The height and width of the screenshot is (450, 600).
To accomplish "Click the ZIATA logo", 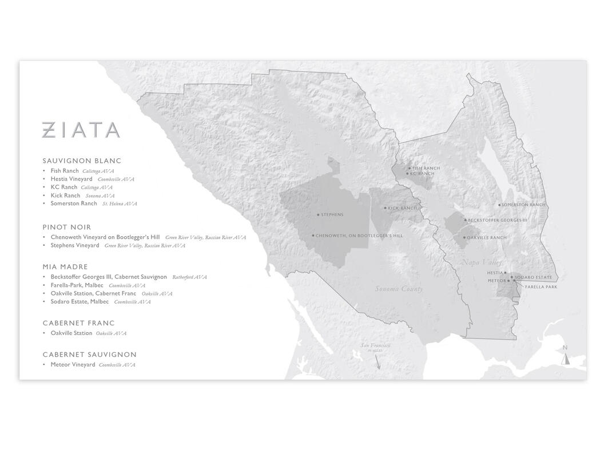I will (81, 130).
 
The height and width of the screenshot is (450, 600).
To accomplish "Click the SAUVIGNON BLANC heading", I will (82, 161).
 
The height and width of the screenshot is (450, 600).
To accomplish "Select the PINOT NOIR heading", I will (67, 227).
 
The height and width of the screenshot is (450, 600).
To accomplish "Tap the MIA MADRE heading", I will (65, 266).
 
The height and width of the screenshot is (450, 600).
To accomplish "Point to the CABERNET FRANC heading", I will (78, 323).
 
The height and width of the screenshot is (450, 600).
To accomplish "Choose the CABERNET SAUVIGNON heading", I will (89, 355).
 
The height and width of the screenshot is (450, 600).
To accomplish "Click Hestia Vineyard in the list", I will (71, 179).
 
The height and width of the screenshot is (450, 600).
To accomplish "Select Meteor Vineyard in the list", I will (73, 365).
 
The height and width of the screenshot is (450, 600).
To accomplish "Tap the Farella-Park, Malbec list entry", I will (77, 285).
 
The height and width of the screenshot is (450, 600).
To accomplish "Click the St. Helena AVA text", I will (120, 204).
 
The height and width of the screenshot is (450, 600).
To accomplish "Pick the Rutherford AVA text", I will (189, 277).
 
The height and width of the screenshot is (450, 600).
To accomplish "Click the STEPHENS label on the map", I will (332, 215).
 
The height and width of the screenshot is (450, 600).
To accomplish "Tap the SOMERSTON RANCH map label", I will (523, 205).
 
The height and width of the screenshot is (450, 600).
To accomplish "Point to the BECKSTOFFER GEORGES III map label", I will (498, 220).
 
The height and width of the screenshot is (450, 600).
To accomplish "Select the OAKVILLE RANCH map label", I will (487, 237).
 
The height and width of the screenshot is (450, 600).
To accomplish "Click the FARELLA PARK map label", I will (541, 287).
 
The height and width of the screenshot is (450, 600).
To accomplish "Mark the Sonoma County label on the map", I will (399, 289).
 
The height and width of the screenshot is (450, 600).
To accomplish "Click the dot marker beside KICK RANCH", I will (385, 208).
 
